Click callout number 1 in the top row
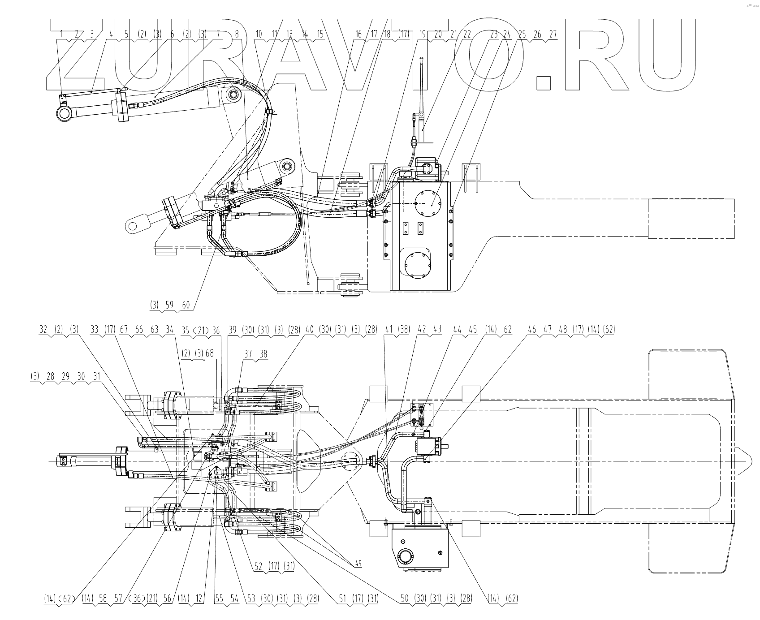(x=62, y=34)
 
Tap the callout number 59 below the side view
(x=170, y=305)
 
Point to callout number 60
(x=186, y=305)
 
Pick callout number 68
(x=210, y=353)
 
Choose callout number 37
(x=248, y=353)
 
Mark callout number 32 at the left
(x=43, y=330)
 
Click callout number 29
(x=65, y=377)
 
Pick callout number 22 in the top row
(x=467, y=34)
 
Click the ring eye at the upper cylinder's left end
(x=63, y=114)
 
